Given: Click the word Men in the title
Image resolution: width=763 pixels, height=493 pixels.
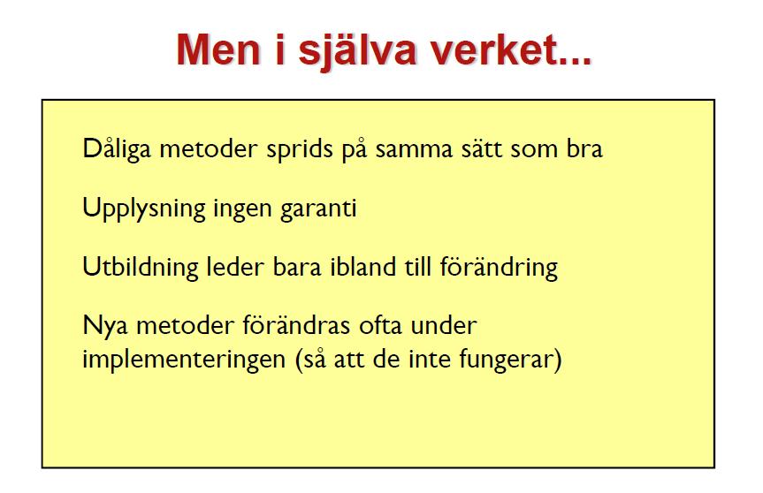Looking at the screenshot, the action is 219,49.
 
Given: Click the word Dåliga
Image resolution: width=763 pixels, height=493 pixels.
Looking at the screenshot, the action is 117,148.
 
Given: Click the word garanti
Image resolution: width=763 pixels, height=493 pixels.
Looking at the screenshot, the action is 319,209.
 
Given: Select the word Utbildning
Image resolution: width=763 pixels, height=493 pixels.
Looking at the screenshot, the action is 141,268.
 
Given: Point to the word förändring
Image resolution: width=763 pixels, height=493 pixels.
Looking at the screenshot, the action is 499,268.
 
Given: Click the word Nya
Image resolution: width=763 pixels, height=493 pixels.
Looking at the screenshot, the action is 105,326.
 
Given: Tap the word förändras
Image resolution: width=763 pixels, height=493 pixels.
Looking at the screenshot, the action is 296,324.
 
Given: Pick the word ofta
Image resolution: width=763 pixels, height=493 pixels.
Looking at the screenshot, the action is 380,325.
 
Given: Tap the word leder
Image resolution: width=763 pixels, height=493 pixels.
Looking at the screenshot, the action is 235,267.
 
